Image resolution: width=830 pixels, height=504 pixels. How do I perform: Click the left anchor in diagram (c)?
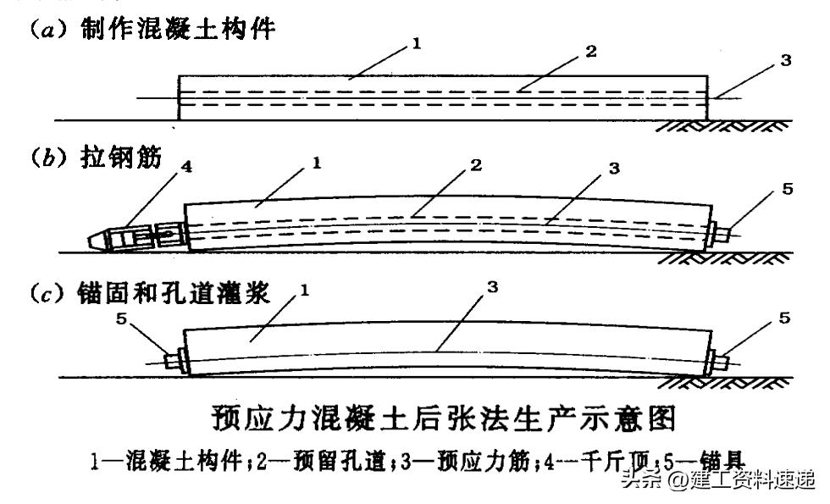pyautogui.click(x=175, y=358)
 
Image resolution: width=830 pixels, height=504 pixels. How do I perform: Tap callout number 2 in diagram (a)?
pyautogui.click(x=591, y=51)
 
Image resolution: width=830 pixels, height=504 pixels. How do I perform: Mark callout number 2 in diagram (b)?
pyautogui.click(x=477, y=166)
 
